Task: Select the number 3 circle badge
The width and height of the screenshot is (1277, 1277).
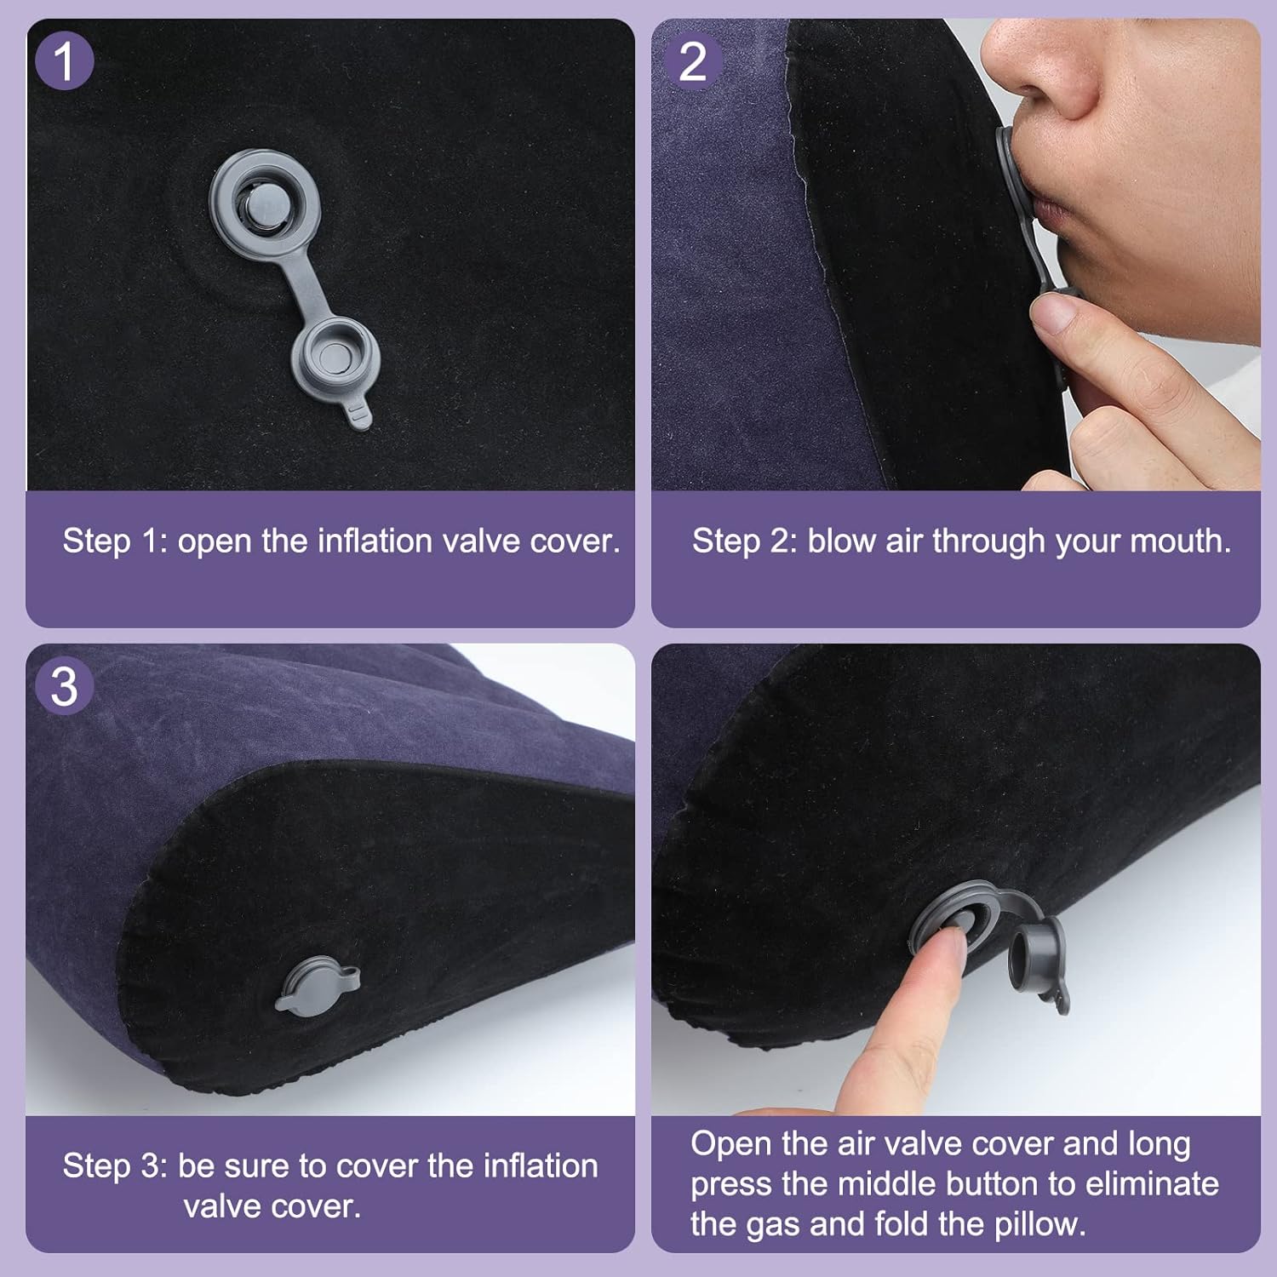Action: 64,686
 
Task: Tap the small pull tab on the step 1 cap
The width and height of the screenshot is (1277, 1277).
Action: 360,415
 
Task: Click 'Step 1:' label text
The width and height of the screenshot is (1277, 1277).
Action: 115,541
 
